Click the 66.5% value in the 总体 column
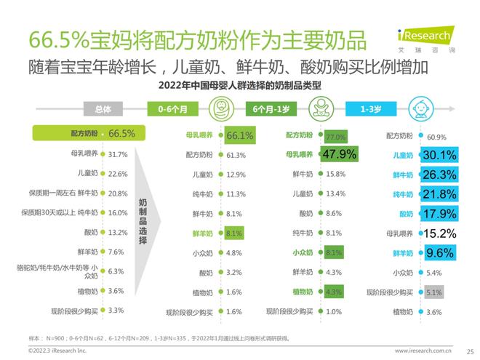point(121,133)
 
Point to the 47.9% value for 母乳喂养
point(338,154)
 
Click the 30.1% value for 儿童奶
point(440,155)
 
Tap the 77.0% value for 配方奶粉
point(335,136)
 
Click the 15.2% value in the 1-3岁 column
point(439,233)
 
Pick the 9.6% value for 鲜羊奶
point(439,253)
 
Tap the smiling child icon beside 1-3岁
point(423,110)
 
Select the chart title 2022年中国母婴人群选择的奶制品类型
point(239,85)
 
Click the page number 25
point(469,350)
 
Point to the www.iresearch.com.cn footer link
point(425,350)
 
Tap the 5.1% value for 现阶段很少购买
point(434,292)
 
